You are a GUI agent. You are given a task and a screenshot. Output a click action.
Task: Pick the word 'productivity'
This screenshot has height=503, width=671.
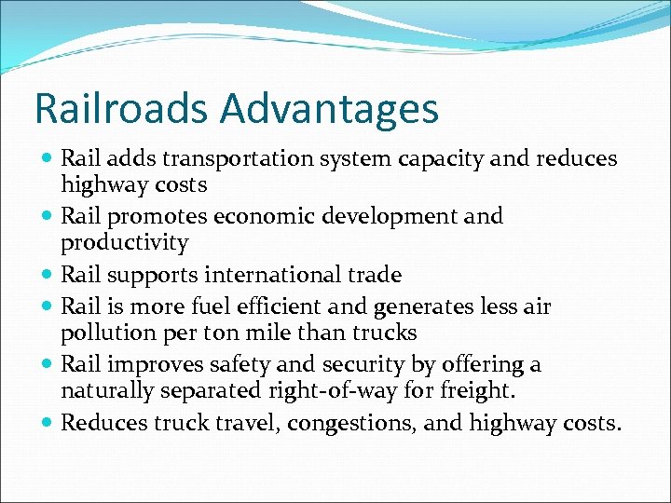click(125, 244)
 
